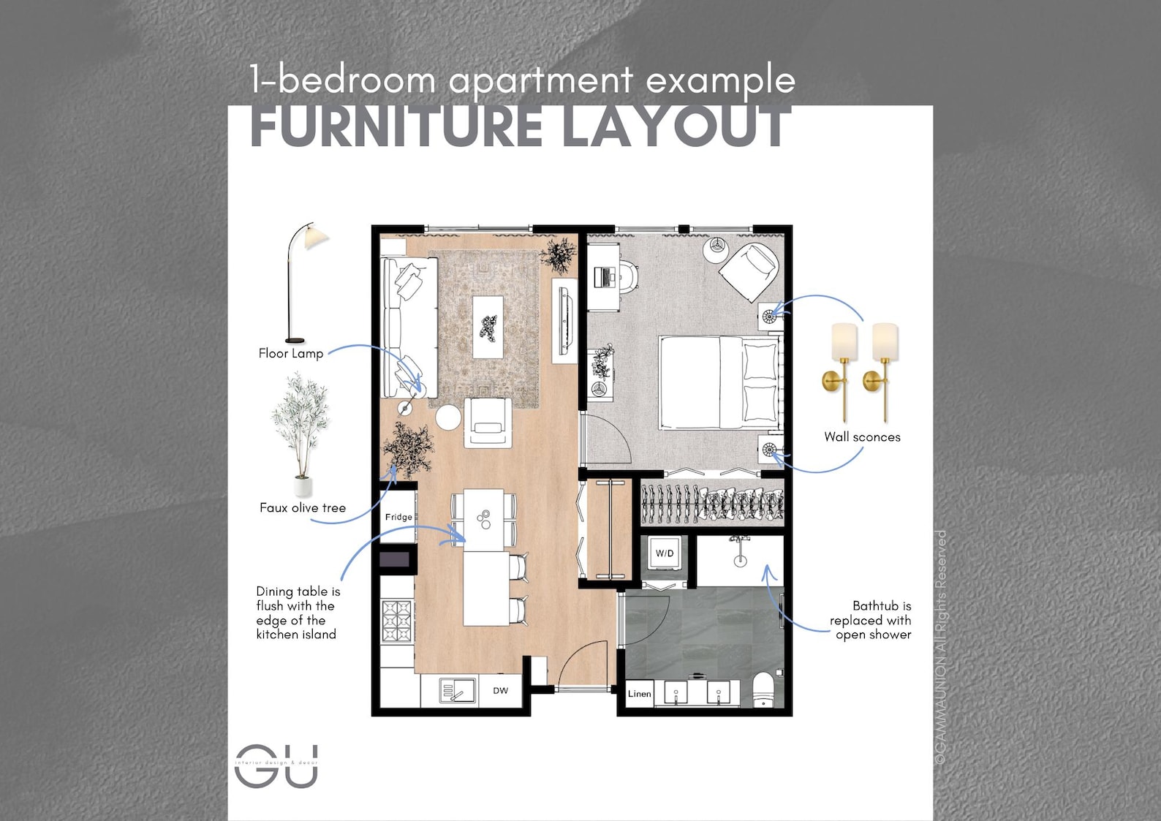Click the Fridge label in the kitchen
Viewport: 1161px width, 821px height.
click(x=398, y=517)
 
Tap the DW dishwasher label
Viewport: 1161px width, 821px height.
click(x=500, y=690)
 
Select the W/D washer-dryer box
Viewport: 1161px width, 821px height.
click(x=665, y=553)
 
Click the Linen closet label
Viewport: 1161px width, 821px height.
click(x=639, y=694)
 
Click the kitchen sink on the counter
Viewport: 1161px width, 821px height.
click(x=457, y=690)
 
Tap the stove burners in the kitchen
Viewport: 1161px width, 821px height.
click(x=397, y=621)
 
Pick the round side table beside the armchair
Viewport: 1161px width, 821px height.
click(x=448, y=417)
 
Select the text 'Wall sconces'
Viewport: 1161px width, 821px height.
click(x=862, y=437)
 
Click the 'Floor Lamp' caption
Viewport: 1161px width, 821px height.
click(x=290, y=353)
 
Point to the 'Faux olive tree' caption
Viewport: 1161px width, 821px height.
click(x=303, y=508)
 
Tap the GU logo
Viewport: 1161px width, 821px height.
click(x=276, y=765)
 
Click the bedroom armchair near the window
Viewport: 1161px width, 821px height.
click(x=749, y=269)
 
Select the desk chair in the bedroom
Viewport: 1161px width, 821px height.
click(x=627, y=277)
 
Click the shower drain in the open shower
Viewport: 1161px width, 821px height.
click(x=740, y=561)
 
